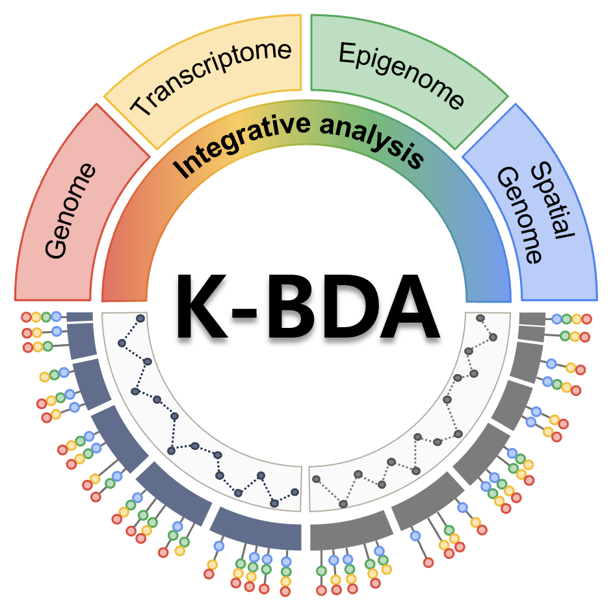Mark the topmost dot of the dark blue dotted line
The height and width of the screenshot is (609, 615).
tap(140, 318)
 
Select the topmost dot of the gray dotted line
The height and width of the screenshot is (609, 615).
tap(480, 318)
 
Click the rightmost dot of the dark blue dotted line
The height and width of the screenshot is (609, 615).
tap(295, 491)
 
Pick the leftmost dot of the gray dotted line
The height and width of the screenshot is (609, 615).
tap(317, 479)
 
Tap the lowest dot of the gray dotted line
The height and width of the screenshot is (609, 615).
tap(343, 504)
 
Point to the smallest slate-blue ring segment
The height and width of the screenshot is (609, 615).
tap(80, 316)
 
